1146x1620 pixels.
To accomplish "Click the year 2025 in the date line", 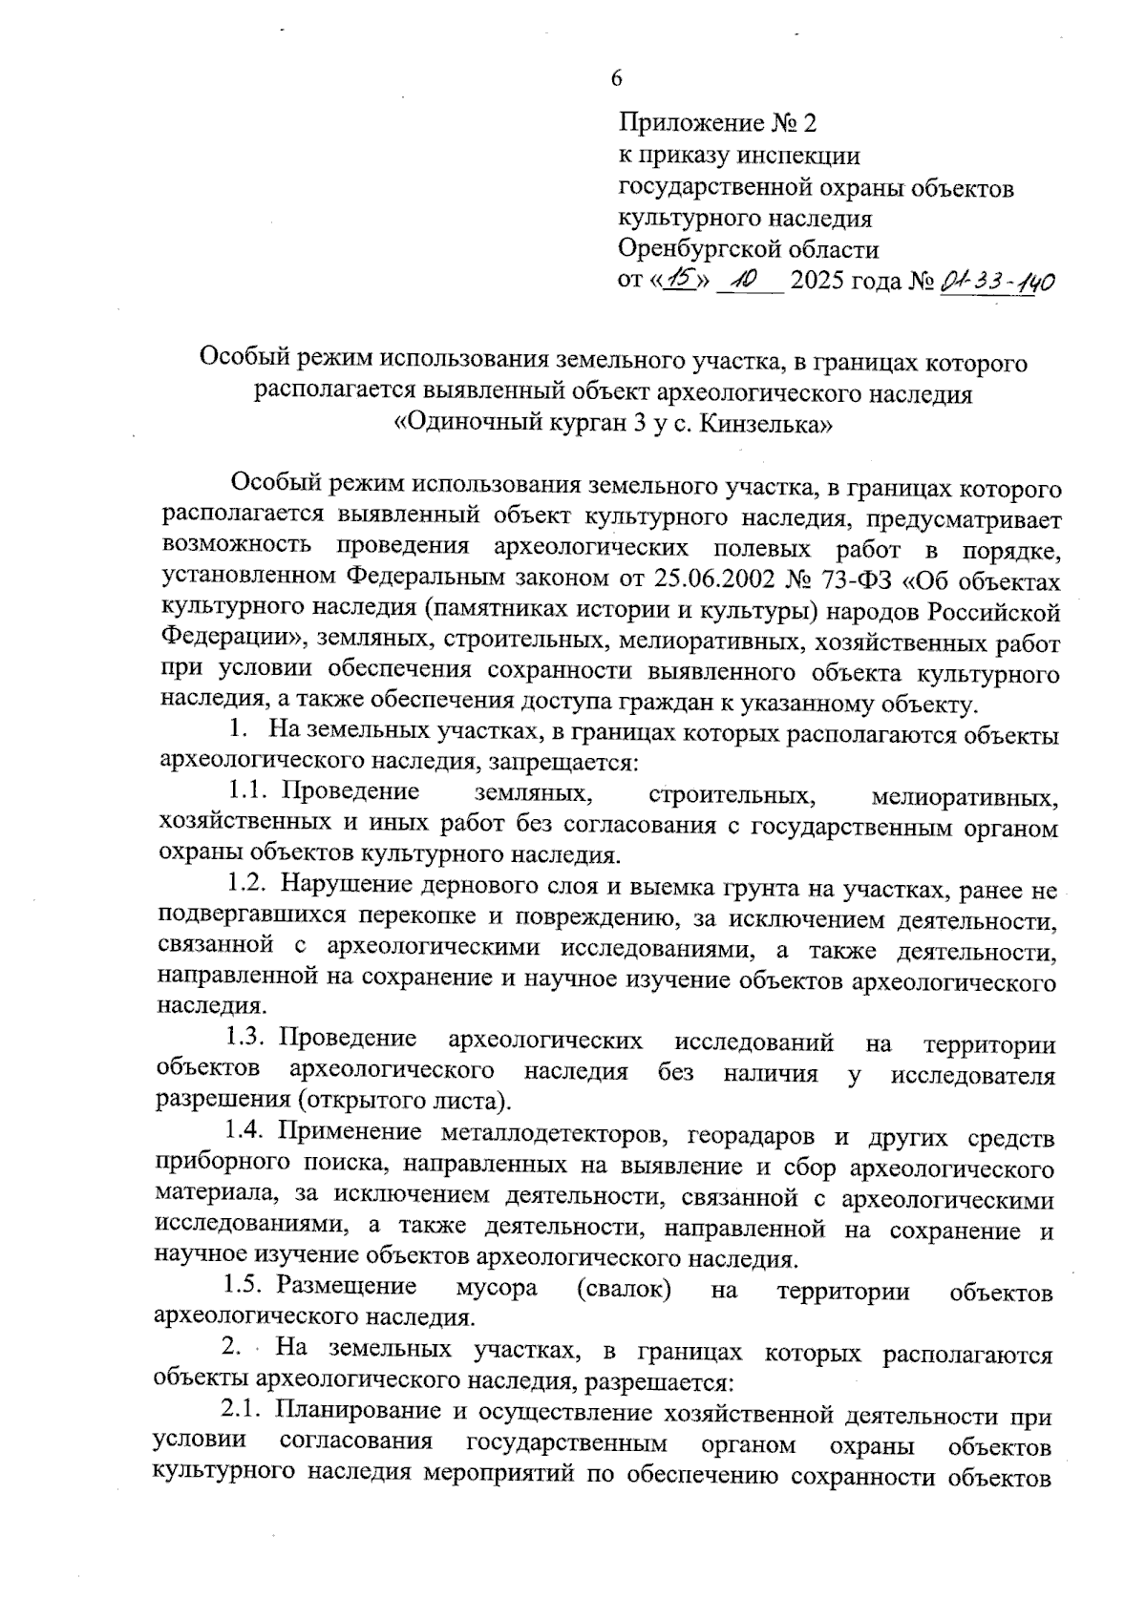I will pos(819,282).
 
